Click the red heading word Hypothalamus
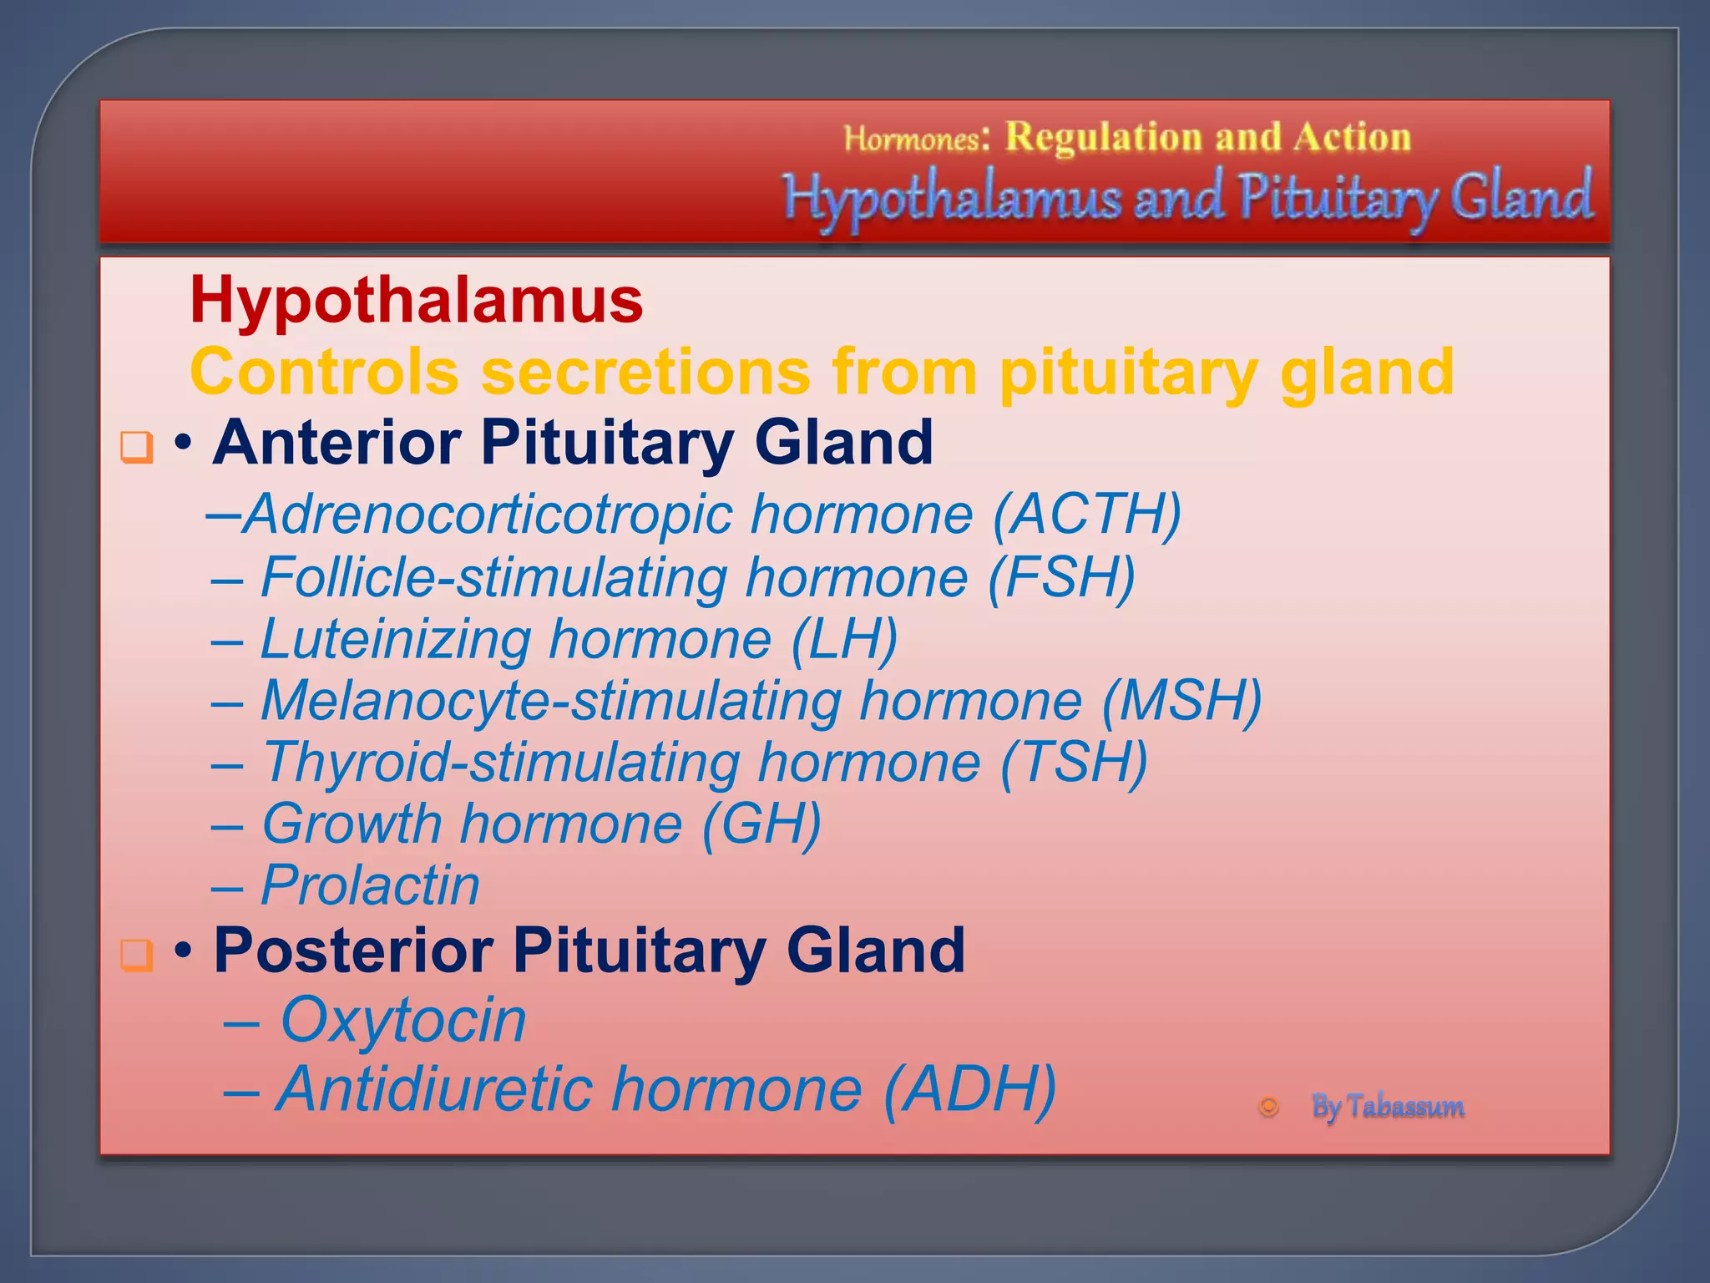coord(416,301)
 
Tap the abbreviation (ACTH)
coord(1086,514)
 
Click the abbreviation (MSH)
coord(1181,701)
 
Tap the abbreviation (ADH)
coord(969,1089)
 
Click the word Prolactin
coord(370,885)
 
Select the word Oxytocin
coord(402,1021)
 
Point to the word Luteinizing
coord(396,640)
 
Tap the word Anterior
coord(336,443)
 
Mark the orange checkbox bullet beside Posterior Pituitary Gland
coord(137,954)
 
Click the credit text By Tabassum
coord(1387,1107)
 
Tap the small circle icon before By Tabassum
coord(1268,1107)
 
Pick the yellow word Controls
coord(324,373)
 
